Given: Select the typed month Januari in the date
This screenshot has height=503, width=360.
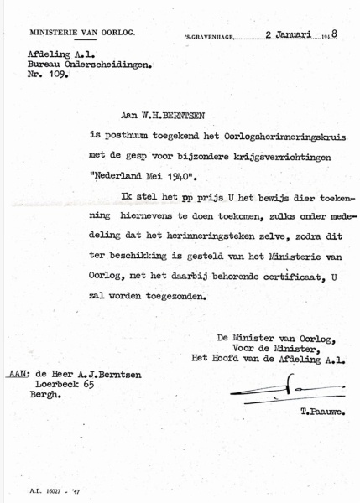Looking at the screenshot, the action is pyautogui.click(x=289, y=35).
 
